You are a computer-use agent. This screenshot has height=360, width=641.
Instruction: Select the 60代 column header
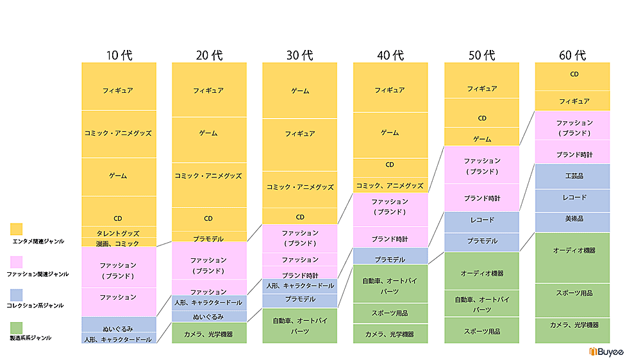coord(572,55)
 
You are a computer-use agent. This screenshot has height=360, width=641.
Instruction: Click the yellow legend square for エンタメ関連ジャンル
coord(17,229)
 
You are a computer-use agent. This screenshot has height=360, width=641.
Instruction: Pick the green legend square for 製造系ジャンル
coord(17,327)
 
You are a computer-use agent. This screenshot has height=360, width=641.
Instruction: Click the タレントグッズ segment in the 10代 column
coord(119,233)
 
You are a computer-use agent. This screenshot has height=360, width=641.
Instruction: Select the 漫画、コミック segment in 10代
coord(119,243)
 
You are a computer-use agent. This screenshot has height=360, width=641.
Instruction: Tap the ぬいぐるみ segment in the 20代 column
coord(209,316)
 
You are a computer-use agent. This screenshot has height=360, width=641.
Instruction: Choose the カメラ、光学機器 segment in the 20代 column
coord(209,334)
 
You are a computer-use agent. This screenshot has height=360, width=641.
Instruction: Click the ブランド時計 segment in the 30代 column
coord(299,275)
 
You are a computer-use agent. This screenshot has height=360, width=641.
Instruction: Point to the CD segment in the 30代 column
coord(299,217)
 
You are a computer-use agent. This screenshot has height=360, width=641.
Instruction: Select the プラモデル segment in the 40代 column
coord(390,259)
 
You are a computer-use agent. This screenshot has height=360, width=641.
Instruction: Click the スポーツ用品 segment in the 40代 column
coord(390,313)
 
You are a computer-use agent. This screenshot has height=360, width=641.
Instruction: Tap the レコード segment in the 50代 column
coord(481,220)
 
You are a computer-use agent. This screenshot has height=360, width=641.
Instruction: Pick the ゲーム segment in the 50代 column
coord(481,139)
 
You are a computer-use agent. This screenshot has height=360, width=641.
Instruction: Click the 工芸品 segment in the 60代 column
coord(572,176)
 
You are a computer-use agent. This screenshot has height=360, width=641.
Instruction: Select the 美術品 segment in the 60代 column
coord(572,219)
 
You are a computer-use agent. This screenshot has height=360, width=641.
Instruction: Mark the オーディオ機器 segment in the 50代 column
coord(481,273)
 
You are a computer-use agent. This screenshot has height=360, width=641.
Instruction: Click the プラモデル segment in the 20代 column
coord(209,238)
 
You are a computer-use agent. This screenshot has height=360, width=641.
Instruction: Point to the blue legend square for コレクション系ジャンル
coord(17,295)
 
